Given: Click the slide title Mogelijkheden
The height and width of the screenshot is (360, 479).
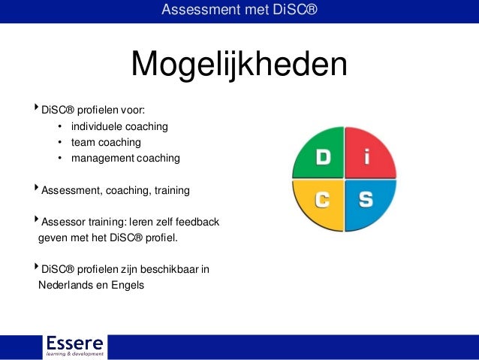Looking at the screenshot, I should pyautogui.click(x=239, y=65).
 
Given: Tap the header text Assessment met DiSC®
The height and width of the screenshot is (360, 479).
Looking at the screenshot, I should pyautogui.click(x=239, y=10).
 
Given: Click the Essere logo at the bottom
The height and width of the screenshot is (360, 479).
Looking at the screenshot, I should pyautogui.click(x=74, y=345).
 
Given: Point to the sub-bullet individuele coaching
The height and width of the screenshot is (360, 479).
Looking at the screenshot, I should pyautogui.click(x=119, y=126).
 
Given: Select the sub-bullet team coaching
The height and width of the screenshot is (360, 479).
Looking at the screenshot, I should pyautogui.click(x=106, y=142).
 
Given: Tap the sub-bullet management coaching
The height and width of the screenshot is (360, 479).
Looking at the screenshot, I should pyautogui.click(x=125, y=158).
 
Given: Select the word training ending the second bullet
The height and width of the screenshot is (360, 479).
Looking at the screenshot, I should pyautogui.click(x=171, y=191).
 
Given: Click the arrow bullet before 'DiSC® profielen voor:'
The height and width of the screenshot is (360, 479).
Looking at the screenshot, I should pyautogui.click(x=36, y=108).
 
